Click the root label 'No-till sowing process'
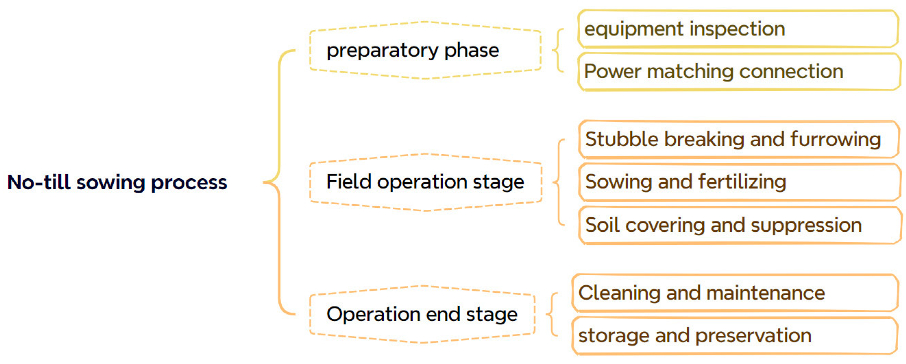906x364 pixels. point(117,183)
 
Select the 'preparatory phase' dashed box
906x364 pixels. point(425,50)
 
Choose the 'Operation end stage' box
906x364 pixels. point(422,314)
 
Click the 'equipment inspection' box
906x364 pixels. point(738,29)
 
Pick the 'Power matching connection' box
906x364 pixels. point(738,72)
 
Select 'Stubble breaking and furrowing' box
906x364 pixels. point(738,139)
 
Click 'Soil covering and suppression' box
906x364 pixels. point(738,225)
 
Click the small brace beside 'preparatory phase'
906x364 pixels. point(558,50)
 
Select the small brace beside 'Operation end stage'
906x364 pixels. point(552,314)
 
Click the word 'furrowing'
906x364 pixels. point(835,139)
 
